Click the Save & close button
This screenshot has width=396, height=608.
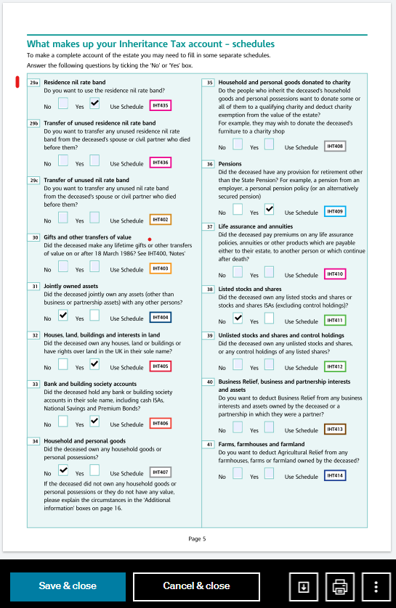68,586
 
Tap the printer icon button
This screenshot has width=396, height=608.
339,586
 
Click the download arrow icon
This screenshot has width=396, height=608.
304,586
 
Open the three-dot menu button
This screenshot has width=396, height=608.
376,586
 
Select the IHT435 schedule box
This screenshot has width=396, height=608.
160,105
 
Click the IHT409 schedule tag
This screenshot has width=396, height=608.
334,212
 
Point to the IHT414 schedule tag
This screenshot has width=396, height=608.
335,476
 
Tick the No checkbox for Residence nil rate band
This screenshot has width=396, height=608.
63,104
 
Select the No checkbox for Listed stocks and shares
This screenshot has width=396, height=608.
238,319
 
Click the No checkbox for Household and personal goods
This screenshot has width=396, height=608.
63,471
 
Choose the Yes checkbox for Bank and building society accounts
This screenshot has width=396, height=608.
94,422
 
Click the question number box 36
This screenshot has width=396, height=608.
209,164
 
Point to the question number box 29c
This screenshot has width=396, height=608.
33,180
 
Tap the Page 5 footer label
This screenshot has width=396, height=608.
197,539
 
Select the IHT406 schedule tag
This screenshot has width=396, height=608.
160,423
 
